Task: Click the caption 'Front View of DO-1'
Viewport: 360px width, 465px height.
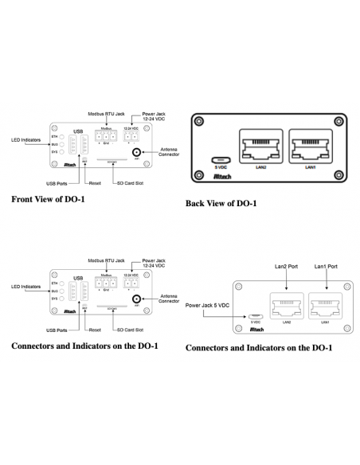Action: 54,200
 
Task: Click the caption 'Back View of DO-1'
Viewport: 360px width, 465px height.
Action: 221,203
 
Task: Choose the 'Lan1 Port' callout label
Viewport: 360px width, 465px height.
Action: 327,265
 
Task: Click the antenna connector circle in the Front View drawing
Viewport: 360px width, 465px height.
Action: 136,151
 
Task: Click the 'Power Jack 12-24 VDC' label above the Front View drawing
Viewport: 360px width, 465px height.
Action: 154,116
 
